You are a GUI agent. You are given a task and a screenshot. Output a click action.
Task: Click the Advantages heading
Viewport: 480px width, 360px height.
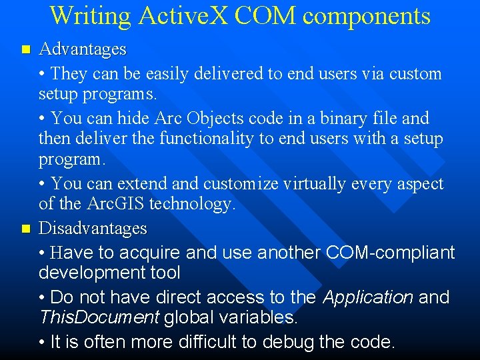pyautogui.click(x=83, y=49)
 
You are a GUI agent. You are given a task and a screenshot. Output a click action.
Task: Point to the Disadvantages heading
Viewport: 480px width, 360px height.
pyautogui.click(x=93, y=229)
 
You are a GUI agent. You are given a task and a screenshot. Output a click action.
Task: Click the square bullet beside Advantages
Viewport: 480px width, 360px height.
pyautogui.click(x=26, y=50)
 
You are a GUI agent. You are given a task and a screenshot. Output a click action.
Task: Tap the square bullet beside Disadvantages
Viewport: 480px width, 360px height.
pyautogui.click(x=26, y=229)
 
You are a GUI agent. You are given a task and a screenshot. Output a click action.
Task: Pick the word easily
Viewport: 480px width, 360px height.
pyautogui.click(x=175, y=73)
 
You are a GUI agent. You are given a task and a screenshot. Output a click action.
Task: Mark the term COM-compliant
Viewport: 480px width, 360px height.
pyautogui.click(x=390, y=252)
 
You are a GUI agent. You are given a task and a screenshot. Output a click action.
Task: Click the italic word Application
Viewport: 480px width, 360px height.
pyautogui.click(x=368, y=297)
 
